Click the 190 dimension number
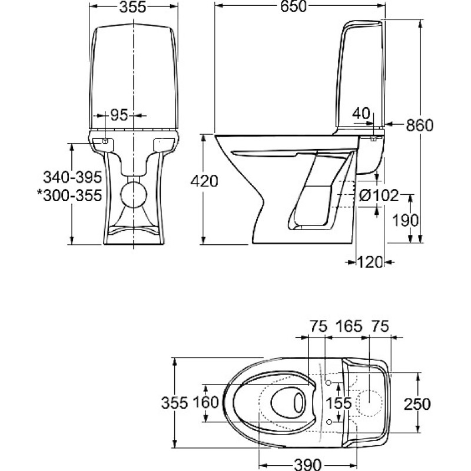pyautogui.click(x=406, y=220)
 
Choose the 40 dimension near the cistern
pyautogui.click(x=362, y=112)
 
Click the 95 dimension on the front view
pyautogui.click(x=119, y=116)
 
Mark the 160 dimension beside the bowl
pyautogui.click(x=206, y=403)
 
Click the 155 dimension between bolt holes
pyautogui.click(x=339, y=403)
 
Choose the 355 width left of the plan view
pyautogui.click(x=174, y=403)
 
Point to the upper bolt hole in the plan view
pyautogui.click(x=328, y=384)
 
